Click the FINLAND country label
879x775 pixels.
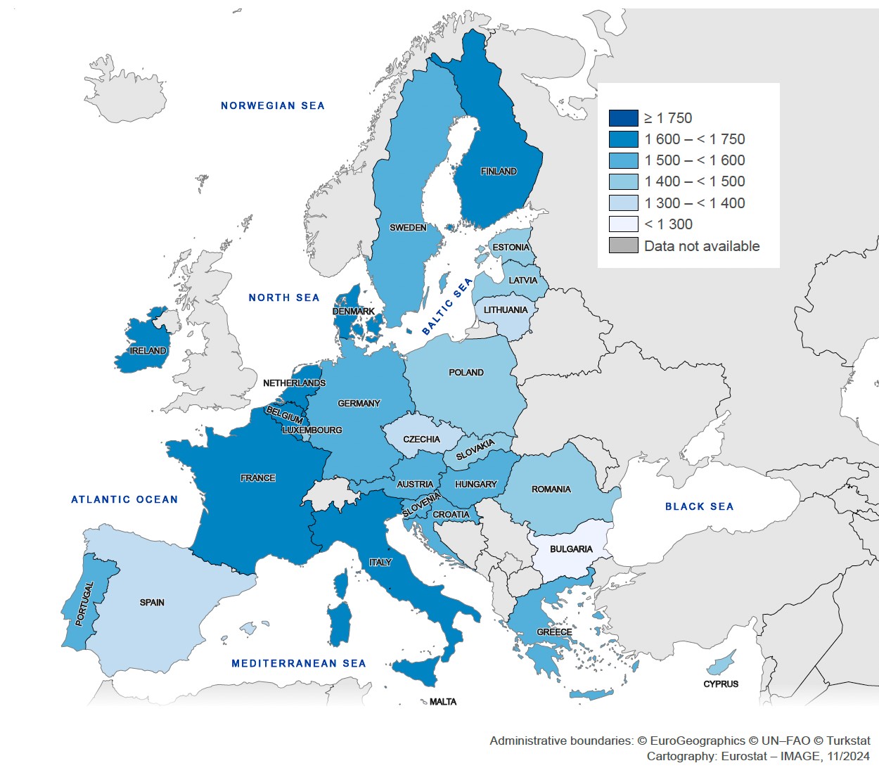click(499, 172)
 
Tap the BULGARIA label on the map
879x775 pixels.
click(571, 549)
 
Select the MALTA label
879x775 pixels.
click(443, 702)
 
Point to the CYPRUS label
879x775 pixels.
click(721, 684)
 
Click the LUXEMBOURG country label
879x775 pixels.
click(312, 430)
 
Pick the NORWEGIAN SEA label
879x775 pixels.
click(273, 106)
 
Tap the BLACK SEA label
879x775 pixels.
click(699, 506)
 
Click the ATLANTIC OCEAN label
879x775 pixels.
click(124, 500)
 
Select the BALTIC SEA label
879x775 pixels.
click(447, 307)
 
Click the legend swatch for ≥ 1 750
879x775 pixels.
click(623, 118)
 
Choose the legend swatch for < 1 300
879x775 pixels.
click(623, 224)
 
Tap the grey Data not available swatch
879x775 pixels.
click(623, 246)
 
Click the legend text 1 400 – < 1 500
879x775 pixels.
click(694, 181)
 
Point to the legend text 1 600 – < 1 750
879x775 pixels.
click(694, 139)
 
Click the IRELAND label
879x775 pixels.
click(148, 351)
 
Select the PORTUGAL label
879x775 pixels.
click(84, 603)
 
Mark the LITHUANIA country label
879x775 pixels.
click(505, 310)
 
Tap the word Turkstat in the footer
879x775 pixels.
click(848, 741)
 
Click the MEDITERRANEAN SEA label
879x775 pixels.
click(299, 663)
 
